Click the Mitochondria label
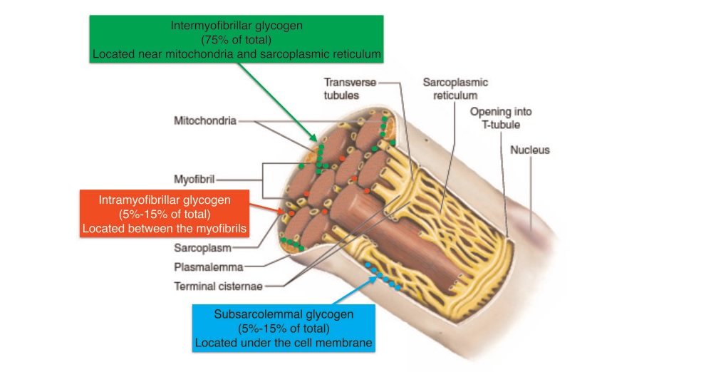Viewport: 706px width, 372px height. pos(204,121)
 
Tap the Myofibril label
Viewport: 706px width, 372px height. pos(194,179)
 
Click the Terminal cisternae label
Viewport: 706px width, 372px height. pos(218,286)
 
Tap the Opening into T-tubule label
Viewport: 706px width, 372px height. pos(500,118)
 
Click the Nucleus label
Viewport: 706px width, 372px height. pos(529,150)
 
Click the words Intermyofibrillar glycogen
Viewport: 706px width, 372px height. pos(237,26)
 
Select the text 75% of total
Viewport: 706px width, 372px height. pos(237,39)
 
